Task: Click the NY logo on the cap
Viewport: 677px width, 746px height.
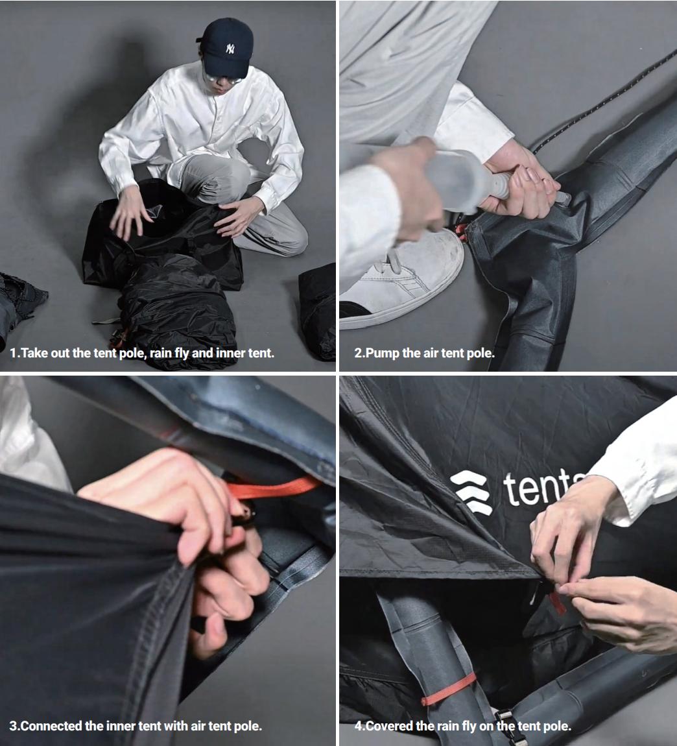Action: coord(230,48)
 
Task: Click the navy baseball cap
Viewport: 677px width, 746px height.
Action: coord(226,47)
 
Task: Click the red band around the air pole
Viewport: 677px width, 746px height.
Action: coord(448,690)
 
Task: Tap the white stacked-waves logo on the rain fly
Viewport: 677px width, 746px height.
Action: coord(471,492)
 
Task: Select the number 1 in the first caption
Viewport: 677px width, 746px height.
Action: coord(13,354)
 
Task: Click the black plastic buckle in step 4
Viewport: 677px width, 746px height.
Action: coord(506,725)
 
